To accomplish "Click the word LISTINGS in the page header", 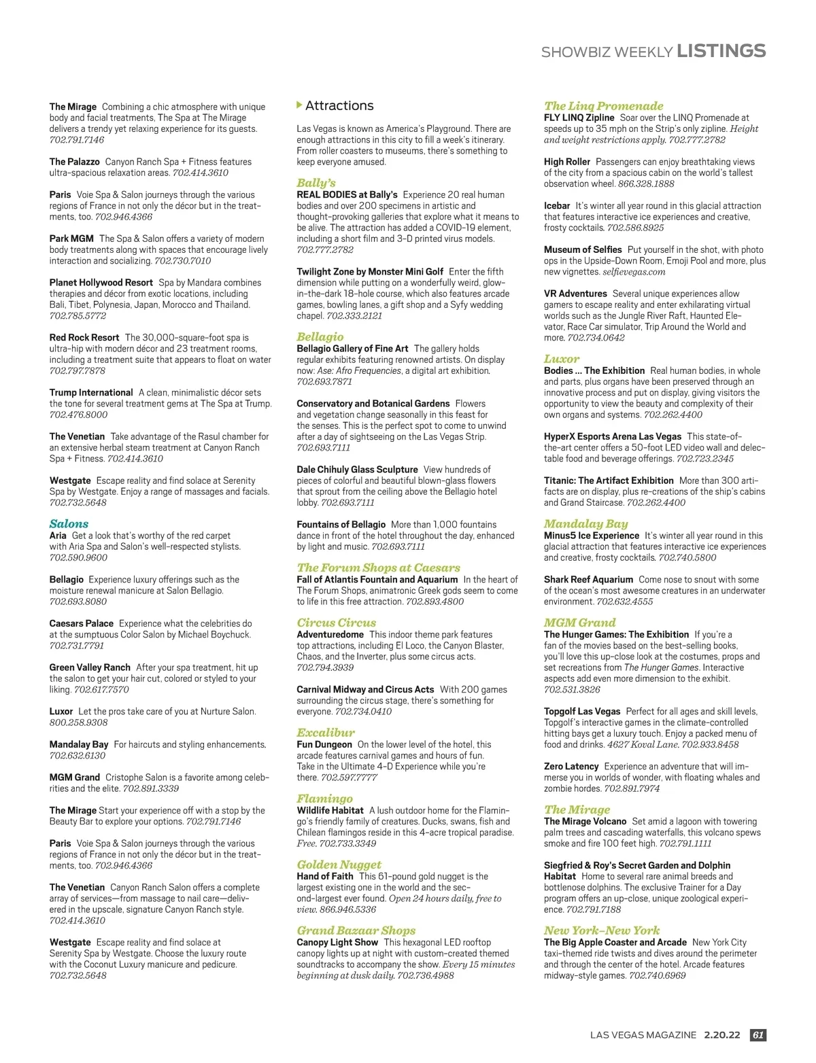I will click(721, 51).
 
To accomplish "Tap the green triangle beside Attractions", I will click(299, 105).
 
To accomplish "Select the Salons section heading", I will click(69, 523).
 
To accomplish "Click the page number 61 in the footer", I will click(758, 1034).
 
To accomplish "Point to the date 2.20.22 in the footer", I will click(722, 1034).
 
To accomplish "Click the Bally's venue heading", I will click(316, 182).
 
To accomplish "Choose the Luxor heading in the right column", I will click(562, 358).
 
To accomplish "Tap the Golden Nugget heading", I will click(339, 864).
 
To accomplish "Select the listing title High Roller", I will click(567, 162).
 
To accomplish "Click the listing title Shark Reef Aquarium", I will click(588, 580).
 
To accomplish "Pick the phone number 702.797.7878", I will click(78, 370).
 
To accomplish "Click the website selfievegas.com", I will click(634, 272).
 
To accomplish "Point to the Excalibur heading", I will click(326, 732).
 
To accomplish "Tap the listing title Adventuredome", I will click(330, 634).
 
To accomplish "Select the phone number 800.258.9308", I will click(78, 722).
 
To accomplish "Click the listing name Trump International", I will click(91, 392).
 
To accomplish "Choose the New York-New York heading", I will click(602, 930).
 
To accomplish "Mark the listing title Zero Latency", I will click(571, 766).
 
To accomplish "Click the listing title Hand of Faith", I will click(325, 876).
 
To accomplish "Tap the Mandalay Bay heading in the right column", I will click(585, 523).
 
